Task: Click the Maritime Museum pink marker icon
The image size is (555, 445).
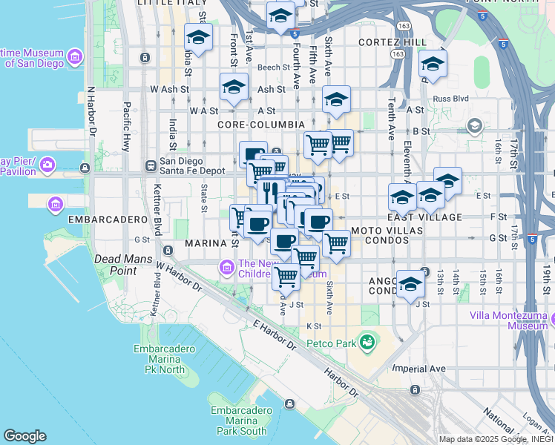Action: [74, 57]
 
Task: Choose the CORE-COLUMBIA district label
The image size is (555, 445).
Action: [260, 125]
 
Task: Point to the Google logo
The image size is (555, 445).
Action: [24, 436]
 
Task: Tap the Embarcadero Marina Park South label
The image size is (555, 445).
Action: [238, 421]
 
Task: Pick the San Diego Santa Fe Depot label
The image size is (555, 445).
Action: [192, 165]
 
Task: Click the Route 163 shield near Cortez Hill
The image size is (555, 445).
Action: [398, 54]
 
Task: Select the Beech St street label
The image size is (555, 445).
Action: [273, 67]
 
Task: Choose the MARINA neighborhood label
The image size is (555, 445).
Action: [205, 243]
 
